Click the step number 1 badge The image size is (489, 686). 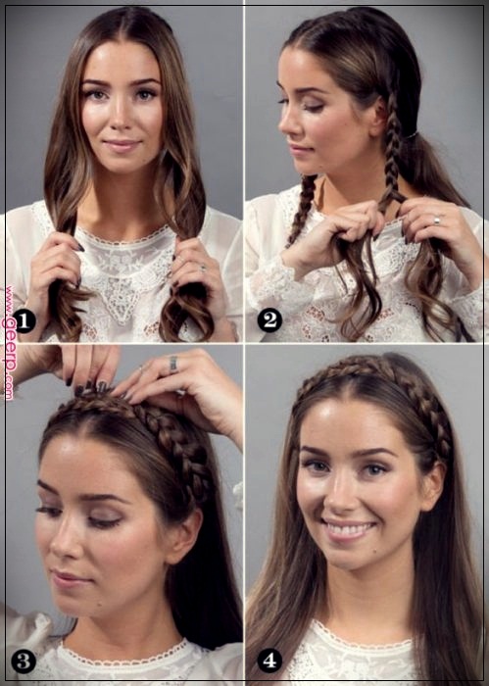[24, 320]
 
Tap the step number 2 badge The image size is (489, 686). [269, 320]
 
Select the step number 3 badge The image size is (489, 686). [24, 661]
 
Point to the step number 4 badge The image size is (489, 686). [269, 661]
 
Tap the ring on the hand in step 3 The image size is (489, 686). [173, 364]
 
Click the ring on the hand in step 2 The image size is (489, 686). [436, 220]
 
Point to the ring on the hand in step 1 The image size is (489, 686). [203, 269]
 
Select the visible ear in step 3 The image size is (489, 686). [183, 535]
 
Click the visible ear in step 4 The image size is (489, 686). [433, 486]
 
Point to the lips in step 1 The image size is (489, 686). [122, 145]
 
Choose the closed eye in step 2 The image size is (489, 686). [312, 106]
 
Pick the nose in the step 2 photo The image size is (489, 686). [285, 122]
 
